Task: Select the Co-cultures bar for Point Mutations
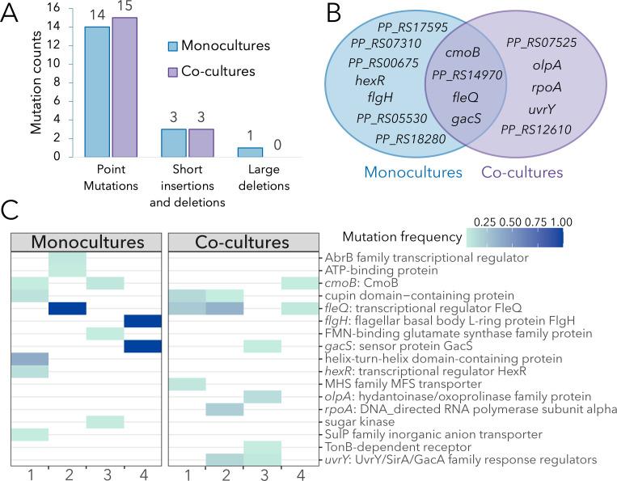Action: click(124, 86)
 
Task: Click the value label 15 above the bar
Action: click(124, 9)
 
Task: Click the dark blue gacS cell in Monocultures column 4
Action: click(143, 346)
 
